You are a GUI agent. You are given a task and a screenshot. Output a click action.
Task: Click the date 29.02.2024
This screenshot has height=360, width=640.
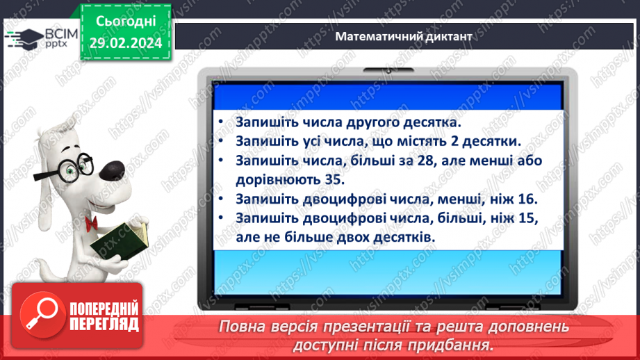point(126,43)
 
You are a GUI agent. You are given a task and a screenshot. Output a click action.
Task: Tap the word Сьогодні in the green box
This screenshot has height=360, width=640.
point(126,22)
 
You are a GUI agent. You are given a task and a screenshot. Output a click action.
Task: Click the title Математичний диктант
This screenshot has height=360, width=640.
point(403,36)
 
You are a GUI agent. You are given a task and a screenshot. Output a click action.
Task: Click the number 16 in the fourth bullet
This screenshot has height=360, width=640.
point(527,199)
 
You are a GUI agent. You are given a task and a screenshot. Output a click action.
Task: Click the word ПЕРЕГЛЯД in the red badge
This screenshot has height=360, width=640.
point(104,323)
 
